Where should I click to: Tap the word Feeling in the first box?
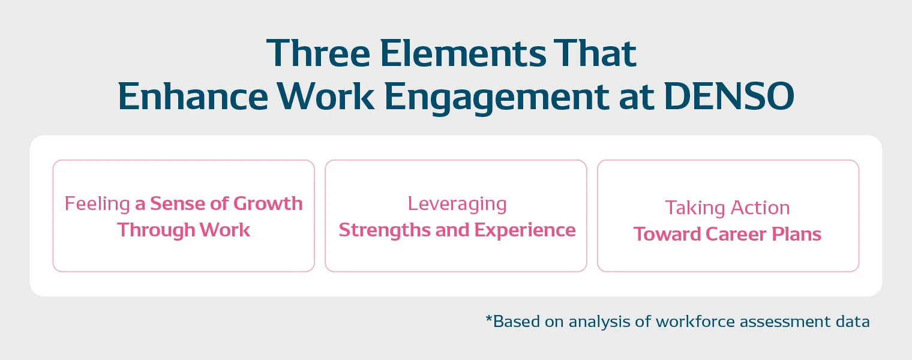click(x=97, y=204)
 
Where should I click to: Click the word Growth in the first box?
click(x=268, y=203)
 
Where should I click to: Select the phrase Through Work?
click(x=184, y=230)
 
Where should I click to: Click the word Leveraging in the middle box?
click(x=457, y=204)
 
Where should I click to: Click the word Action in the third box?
click(x=759, y=208)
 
